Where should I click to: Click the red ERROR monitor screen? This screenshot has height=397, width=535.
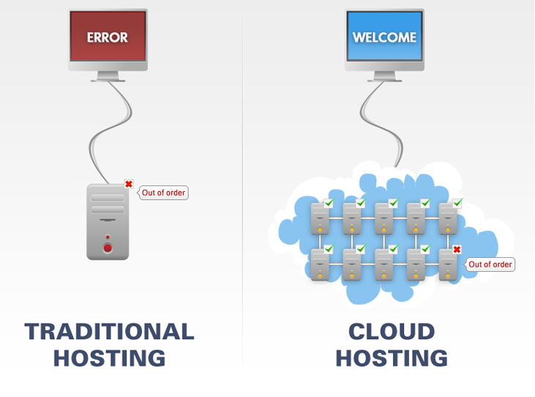click(x=108, y=37)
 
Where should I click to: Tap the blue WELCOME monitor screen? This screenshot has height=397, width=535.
click(x=384, y=37)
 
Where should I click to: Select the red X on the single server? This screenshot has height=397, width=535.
click(x=129, y=185)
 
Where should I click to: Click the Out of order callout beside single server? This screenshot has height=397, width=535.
click(x=164, y=193)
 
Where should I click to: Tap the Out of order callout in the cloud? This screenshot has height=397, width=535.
click(x=490, y=264)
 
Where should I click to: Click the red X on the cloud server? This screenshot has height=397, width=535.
click(x=457, y=250)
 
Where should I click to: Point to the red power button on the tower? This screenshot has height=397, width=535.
click(x=108, y=248)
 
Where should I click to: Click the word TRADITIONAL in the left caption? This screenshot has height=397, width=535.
click(x=109, y=331)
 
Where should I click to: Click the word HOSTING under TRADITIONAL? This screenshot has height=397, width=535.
click(x=109, y=358)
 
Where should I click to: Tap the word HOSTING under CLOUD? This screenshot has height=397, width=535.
click(x=391, y=358)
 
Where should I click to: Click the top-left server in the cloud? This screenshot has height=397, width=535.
click(x=320, y=218)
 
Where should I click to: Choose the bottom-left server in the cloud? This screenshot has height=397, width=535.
click(x=320, y=264)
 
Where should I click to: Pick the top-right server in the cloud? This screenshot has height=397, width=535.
click(x=447, y=218)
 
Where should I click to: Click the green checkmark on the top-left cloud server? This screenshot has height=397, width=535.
click(x=329, y=203)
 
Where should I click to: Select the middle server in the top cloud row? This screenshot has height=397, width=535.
click(x=384, y=218)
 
